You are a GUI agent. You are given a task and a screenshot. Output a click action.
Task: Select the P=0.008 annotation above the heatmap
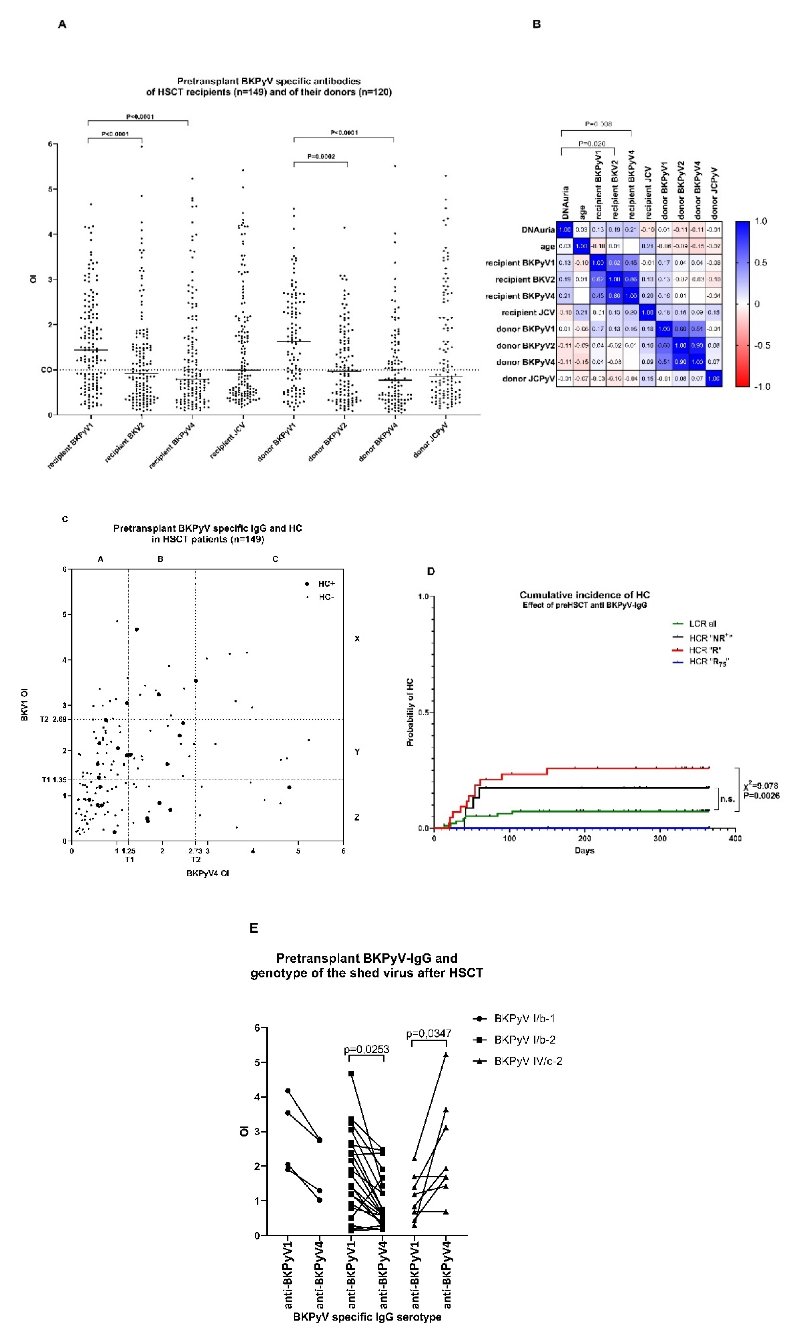[598, 124]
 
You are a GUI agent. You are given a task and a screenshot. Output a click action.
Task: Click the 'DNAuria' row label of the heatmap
[538, 230]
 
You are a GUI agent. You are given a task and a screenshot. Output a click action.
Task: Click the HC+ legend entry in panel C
[326, 584]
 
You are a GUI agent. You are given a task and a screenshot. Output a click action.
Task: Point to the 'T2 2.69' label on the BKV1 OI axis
[53, 719]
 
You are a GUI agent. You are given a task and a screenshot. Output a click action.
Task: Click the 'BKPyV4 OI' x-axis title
[208, 873]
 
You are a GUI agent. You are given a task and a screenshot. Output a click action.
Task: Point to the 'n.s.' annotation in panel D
[727, 799]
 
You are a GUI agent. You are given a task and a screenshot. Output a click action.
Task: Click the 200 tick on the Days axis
[584, 839]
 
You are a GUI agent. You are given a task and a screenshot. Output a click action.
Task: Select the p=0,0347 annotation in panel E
[429, 1033]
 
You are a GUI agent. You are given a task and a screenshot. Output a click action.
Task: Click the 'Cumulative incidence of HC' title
[584, 595]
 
